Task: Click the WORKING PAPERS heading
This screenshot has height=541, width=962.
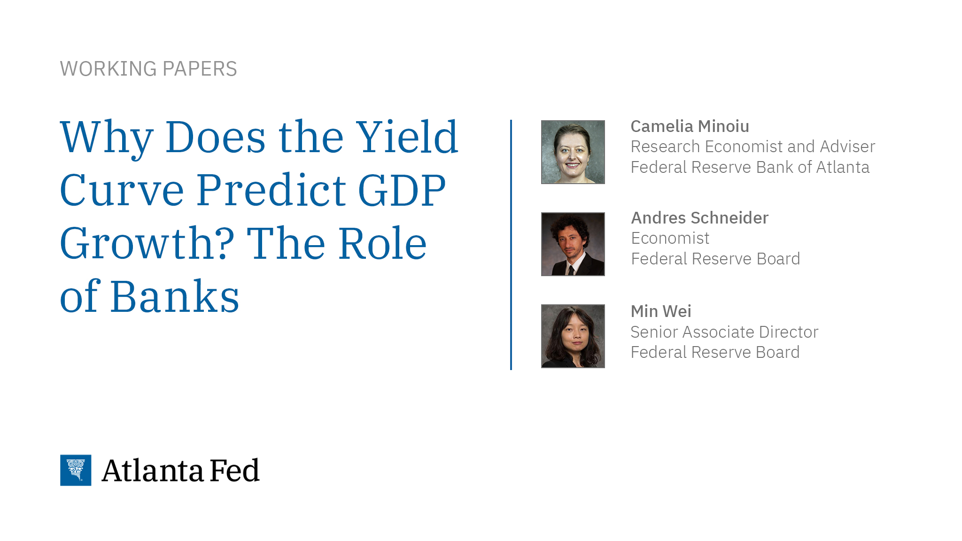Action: coord(148,69)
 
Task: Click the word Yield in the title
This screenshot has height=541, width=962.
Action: coord(407,137)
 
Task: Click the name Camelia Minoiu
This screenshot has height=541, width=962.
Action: coord(690,126)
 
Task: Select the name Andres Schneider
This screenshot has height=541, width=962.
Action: coord(699,218)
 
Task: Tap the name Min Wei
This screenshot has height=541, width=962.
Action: coord(660,311)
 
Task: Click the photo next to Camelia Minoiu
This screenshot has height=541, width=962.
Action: coord(573,152)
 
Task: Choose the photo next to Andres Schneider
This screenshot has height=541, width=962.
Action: coord(573,244)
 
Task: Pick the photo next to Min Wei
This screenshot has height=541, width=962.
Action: coord(573,336)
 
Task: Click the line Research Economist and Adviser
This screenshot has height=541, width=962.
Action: coord(753,147)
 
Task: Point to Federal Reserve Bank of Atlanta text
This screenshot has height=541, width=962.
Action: coord(750,167)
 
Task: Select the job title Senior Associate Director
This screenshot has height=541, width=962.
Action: coord(724,332)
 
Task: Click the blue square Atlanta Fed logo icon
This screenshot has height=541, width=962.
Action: coord(76,470)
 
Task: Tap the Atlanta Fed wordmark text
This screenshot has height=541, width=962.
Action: coord(180,470)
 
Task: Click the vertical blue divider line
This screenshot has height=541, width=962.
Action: coord(511,244)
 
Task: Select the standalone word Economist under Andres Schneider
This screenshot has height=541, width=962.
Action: coord(670,239)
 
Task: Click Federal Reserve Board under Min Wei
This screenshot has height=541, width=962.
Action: coord(714,352)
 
